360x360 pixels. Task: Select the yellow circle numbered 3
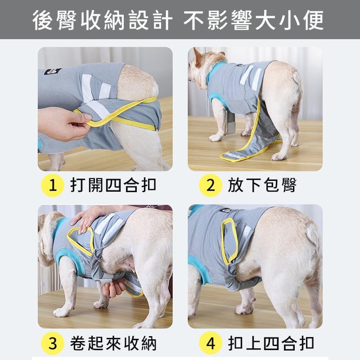pyautogui.click(x=53, y=344)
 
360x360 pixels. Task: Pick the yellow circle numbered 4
pyautogui.click(x=211, y=344)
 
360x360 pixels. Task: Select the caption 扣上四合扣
pyautogui.click(x=270, y=344)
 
